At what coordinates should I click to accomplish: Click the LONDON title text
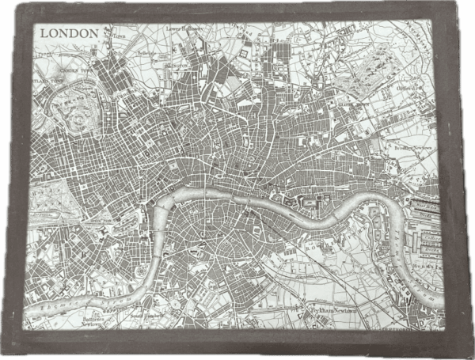click(70, 33)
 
